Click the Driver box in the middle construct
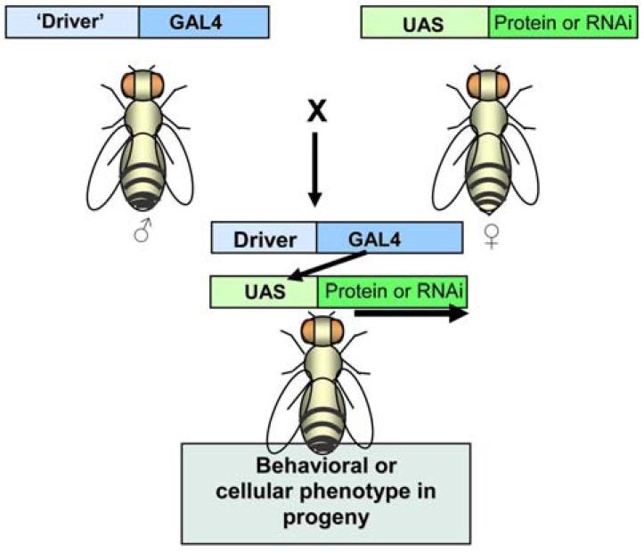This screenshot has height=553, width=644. pyautogui.click(x=264, y=238)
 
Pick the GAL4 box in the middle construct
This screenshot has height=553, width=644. pyautogui.click(x=389, y=238)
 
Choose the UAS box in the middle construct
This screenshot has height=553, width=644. pyautogui.click(x=264, y=290)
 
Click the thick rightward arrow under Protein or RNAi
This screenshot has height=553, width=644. pyautogui.click(x=410, y=313)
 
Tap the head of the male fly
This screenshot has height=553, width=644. pyautogui.click(x=147, y=85)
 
